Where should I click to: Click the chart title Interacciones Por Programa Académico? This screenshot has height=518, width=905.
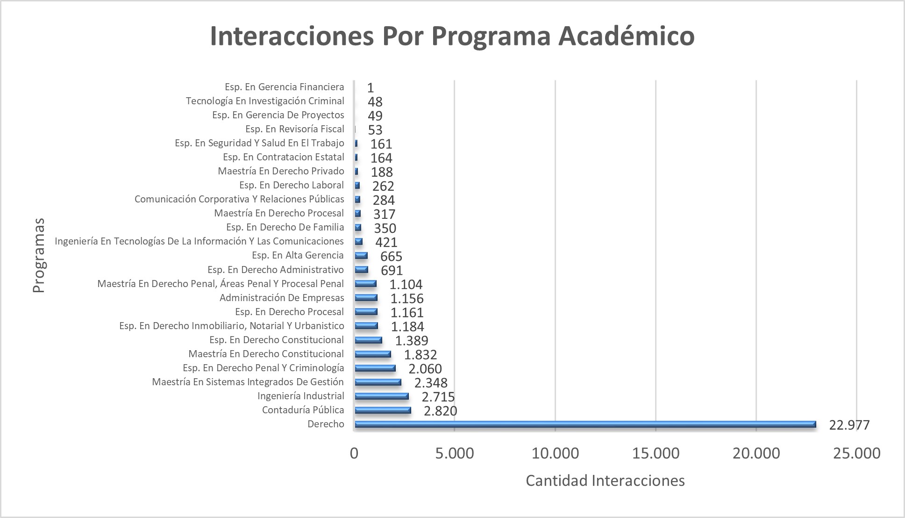point(452,36)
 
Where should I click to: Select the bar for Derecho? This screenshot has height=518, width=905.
point(585,424)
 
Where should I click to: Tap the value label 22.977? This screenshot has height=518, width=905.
point(849,425)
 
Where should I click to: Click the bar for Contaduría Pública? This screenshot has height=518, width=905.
point(383,410)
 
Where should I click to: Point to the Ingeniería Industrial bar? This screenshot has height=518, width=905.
point(381,396)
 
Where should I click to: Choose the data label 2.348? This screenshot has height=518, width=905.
point(430,383)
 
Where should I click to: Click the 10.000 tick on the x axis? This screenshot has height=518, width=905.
point(555,453)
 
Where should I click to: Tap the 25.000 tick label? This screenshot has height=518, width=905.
point(856,453)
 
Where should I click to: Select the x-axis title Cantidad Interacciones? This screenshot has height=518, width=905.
point(605,481)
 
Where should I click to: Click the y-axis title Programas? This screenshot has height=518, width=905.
point(39,255)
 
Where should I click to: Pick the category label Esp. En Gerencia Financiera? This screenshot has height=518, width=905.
point(284,87)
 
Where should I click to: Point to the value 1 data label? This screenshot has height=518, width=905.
point(371,88)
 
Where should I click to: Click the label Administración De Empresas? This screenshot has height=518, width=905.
point(282,298)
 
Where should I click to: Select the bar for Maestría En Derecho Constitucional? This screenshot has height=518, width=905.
point(372,354)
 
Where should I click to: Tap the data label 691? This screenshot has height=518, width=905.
point(392,270)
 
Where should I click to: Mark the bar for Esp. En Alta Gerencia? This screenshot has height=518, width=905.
point(361,255)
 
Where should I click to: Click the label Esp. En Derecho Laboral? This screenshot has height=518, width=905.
point(291,185)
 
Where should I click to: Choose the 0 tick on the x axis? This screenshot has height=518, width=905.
point(354,453)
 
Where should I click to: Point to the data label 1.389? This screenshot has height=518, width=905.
point(411,341)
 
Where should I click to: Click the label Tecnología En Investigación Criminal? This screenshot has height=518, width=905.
point(265,101)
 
